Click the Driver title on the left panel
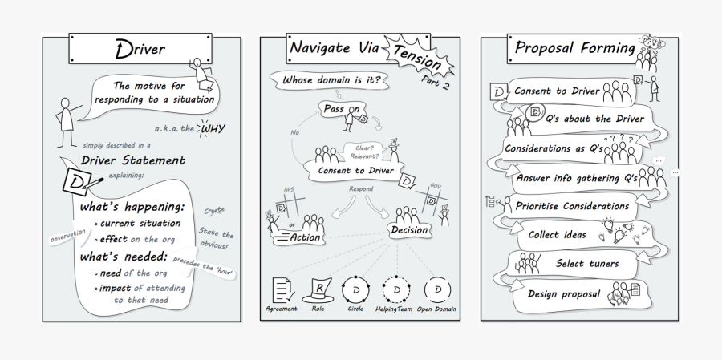coord(140,50)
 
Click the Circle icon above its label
coord(355,289)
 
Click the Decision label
coord(409,230)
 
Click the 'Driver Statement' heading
coord(133,161)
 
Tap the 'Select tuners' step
coord(587,263)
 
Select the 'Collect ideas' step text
coord(557,235)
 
